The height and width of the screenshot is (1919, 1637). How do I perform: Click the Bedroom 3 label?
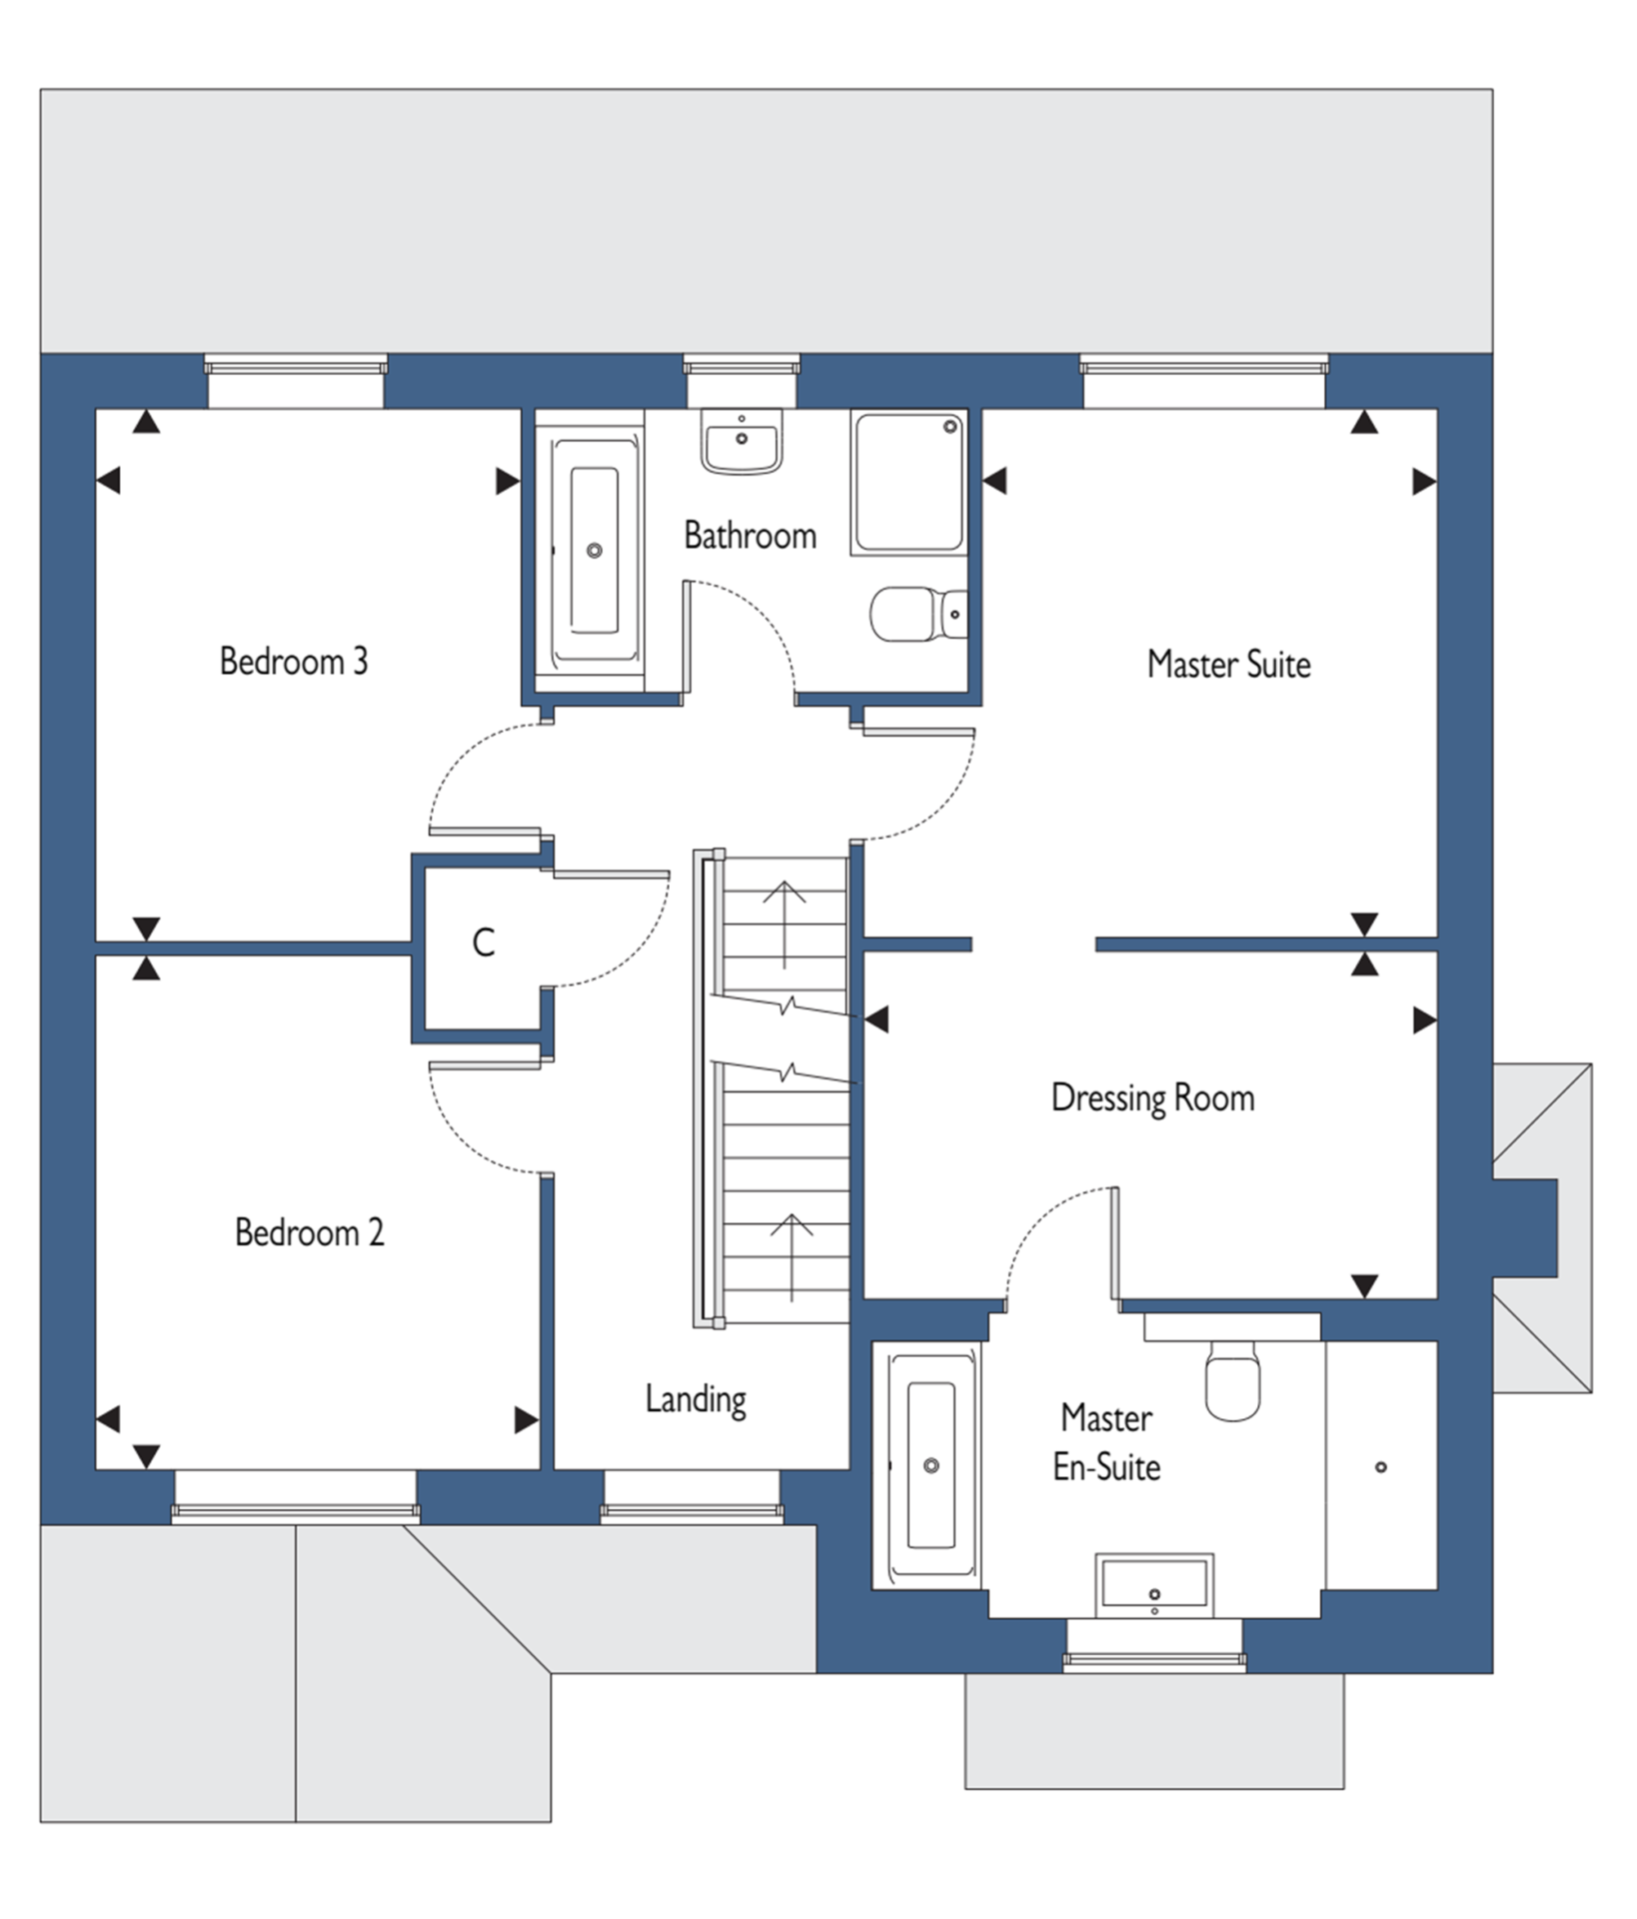point(294,662)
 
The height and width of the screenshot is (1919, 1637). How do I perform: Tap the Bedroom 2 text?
point(309,1232)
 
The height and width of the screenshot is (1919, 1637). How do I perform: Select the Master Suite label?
point(1228,665)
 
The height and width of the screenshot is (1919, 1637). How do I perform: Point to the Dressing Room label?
point(1152,1098)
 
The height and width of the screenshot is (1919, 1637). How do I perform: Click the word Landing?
point(696,1399)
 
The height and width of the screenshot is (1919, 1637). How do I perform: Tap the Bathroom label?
point(750,536)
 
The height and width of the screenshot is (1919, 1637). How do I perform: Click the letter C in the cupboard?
point(484,943)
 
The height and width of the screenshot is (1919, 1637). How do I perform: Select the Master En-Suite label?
point(1106,1442)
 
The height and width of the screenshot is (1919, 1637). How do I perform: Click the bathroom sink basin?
point(742,441)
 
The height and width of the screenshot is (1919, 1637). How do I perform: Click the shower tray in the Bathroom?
point(908,482)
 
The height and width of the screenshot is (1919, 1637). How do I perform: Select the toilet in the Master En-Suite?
point(1232,1379)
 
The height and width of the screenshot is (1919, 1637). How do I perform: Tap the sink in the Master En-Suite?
point(1154,1584)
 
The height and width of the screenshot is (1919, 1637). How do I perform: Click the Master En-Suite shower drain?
point(1381,1467)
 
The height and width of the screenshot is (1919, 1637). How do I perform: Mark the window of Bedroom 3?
point(296,381)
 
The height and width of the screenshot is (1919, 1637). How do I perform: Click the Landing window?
point(691,1496)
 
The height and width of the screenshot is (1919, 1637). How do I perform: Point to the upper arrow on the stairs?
point(785,925)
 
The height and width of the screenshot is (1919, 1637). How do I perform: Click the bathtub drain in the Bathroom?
point(595,551)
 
